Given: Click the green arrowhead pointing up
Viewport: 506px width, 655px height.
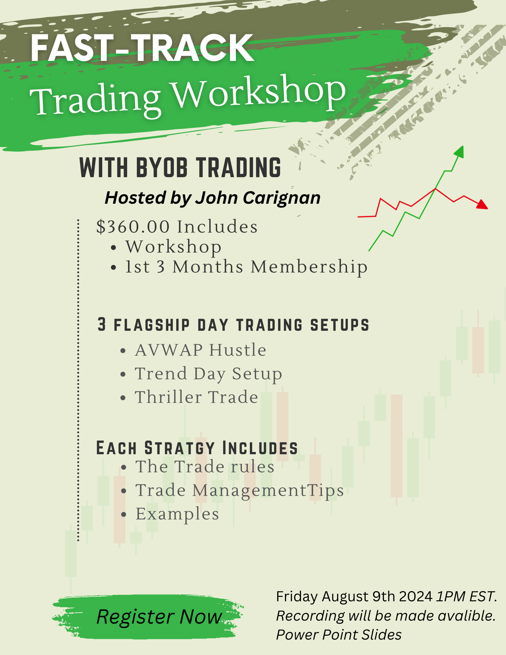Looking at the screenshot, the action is [459, 152].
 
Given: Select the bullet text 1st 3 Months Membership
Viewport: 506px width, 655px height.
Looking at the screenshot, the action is [246, 267].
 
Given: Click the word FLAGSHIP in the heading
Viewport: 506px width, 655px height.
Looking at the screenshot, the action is [152, 325].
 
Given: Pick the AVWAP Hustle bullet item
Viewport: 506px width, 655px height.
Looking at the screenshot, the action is [200, 350].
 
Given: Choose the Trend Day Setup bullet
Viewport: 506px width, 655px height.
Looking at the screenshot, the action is [208, 374].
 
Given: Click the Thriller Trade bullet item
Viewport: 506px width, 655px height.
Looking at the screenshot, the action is [197, 397].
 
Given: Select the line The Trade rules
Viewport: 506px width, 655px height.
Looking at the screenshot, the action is [205, 467].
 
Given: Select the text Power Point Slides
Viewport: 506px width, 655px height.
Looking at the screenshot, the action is [339, 635].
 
